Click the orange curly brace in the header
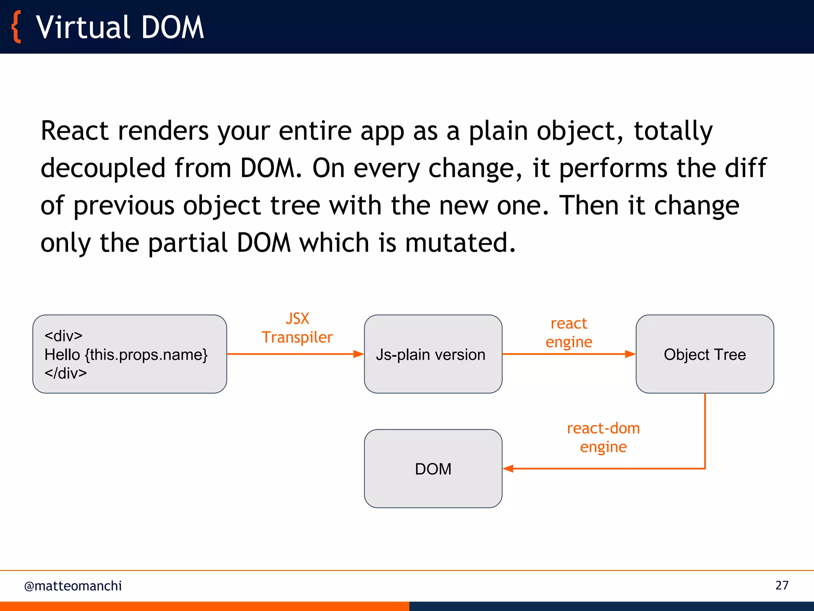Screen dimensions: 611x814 point(16,27)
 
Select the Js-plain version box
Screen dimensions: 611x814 point(433,354)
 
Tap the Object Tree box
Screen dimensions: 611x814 point(704,354)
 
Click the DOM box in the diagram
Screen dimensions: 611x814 point(433,469)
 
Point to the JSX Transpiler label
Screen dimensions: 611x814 point(297,328)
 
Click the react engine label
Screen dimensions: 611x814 point(569,333)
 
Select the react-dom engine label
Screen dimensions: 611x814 point(603,438)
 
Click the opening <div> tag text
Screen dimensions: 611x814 point(64,336)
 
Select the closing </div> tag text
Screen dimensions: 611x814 point(66,373)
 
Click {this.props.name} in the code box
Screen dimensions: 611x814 point(146,354)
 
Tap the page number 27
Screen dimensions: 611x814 point(781,585)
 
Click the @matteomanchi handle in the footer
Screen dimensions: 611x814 point(73,586)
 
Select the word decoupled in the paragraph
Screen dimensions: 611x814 point(103,168)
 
